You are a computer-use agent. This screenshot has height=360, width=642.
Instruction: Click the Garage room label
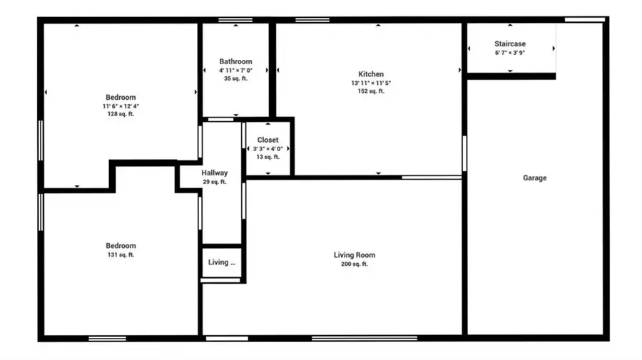pyautogui.click(x=535, y=178)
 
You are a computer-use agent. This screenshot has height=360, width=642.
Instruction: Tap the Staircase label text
pyautogui.click(x=510, y=44)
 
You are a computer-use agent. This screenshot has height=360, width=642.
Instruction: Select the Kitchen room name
pyautogui.click(x=371, y=74)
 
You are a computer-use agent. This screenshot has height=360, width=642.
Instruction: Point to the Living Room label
pyautogui.click(x=355, y=255)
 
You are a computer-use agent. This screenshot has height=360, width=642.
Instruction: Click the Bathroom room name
pyautogui.click(x=235, y=62)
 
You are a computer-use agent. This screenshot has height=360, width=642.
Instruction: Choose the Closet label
pyautogui.click(x=268, y=140)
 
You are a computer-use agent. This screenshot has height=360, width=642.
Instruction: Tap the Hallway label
pyautogui.click(x=215, y=173)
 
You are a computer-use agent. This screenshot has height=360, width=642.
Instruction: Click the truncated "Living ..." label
pyautogui.click(x=222, y=262)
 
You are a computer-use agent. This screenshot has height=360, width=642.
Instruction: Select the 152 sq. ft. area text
pyautogui.click(x=371, y=91)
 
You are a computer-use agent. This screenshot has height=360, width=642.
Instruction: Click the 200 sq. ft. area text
pyautogui.click(x=355, y=264)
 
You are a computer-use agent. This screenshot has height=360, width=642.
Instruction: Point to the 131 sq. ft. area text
pyautogui.click(x=121, y=255)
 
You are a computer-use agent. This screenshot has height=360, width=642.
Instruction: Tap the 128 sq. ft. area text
pyautogui.click(x=121, y=114)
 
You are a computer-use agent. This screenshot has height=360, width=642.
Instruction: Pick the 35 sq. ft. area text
pyautogui.click(x=235, y=78)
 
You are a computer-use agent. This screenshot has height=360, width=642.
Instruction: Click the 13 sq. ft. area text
pyautogui.click(x=268, y=157)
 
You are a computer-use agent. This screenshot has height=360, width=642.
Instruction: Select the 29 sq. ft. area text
pyautogui.click(x=215, y=182)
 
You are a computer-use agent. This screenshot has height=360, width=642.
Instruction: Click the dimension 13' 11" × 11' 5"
pyautogui.click(x=371, y=83)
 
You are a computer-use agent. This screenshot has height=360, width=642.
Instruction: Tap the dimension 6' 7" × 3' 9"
pyautogui.click(x=510, y=53)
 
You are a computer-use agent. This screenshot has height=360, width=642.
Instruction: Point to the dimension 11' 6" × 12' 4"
pyautogui.click(x=121, y=106)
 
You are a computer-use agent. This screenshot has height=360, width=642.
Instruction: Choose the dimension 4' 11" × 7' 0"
pyautogui.click(x=235, y=71)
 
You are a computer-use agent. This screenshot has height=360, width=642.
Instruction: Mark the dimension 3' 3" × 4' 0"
pyautogui.click(x=268, y=149)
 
